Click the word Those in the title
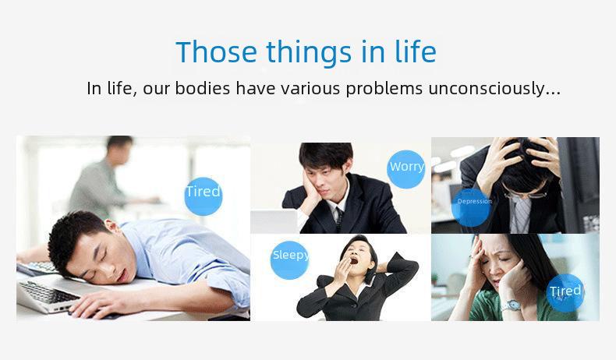(x=217, y=51)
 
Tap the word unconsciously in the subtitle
(x=494, y=88)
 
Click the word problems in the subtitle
(x=384, y=89)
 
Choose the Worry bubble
(x=406, y=169)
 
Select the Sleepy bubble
(x=290, y=260)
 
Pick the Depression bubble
(x=471, y=207)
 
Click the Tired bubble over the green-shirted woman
(x=565, y=293)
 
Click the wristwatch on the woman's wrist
(x=512, y=305)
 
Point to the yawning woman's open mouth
(x=353, y=260)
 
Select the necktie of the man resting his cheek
(x=338, y=219)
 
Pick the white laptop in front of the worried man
(x=274, y=221)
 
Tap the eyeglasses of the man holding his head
(x=526, y=194)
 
